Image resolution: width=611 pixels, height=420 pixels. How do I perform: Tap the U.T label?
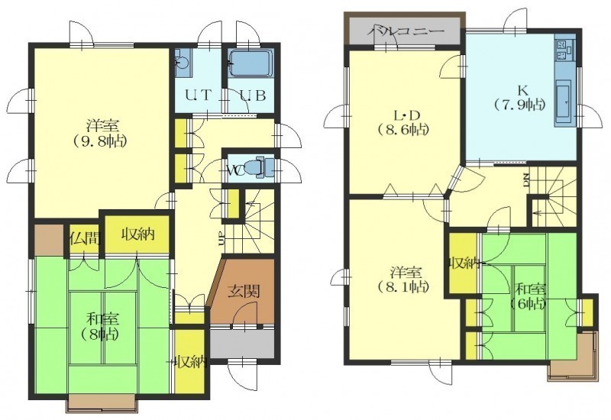click(198, 95)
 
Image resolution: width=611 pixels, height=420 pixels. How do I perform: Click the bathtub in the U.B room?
click(251, 63)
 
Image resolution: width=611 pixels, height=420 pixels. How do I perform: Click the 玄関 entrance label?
click(244, 291)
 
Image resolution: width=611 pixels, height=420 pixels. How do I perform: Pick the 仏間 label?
click(85, 237)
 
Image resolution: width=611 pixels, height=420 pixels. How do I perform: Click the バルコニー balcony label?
click(406, 31)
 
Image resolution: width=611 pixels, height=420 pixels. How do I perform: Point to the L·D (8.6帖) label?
click(404, 122)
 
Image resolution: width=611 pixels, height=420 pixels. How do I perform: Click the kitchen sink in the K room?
click(563, 101)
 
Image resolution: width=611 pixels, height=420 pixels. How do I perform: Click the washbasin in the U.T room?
click(182, 63)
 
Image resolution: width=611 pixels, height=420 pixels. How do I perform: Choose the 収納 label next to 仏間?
click(138, 234)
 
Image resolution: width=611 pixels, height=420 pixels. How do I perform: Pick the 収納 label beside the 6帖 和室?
click(464, 263)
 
